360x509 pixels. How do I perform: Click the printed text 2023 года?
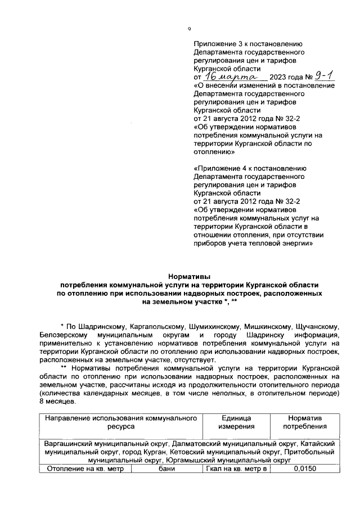(x=286, y=78)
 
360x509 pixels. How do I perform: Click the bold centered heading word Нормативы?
(x=189, y=276)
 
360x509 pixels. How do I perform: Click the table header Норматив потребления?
(x=304, y=422)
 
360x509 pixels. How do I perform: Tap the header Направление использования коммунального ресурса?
(x=122, y=422)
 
